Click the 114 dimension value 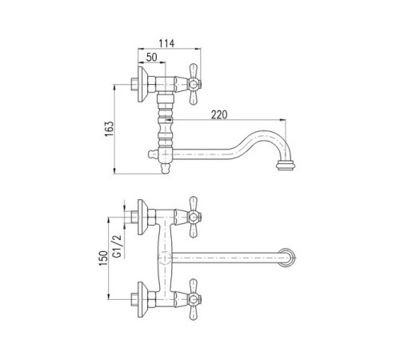(x=166, y=43)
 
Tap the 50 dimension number (x=152, y=57)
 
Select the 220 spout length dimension (x=219, y=114)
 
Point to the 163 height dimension (x=109, y=129)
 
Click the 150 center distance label (x=103, y=258)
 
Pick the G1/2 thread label (x=117, y=246)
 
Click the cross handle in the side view (x=194, y=84)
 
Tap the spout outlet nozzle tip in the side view (x=286, y=165)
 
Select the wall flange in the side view (x=142, y=84)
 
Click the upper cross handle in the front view (x=194, y=217)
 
